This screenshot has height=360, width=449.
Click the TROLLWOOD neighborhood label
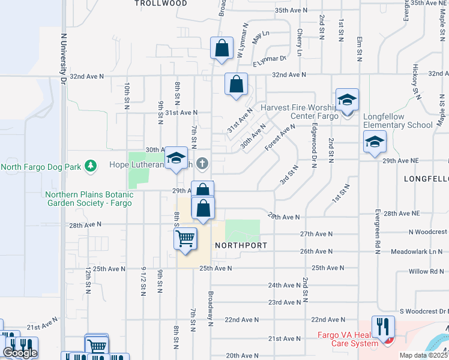pyautogui.click(x=160, y=4)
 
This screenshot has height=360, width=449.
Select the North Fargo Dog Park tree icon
pyautogui.click(x=91, y=165)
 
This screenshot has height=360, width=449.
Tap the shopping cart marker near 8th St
pyautogui.click(x=185, y=238)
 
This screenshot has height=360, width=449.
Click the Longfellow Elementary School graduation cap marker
pyautogui.click(x=375, y=143)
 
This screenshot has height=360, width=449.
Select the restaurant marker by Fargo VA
pyautogui.click(x=382, y=326)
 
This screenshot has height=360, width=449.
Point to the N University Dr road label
pyautogui.click(x=62, y=57)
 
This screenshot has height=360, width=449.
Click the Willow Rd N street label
pyautogui.click(x=426, y=271)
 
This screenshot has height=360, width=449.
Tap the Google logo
pyautogui.click(x=20, y=353)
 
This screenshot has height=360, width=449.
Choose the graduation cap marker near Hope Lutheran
pyautogui.click(x=175, y=158)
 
